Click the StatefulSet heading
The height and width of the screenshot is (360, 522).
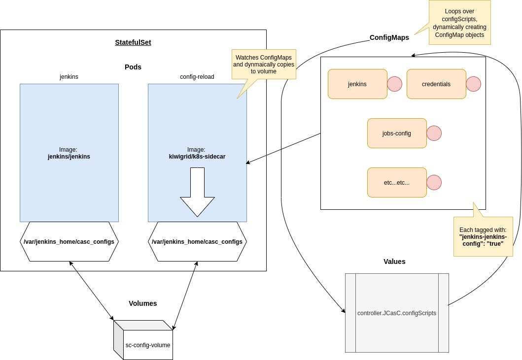(x=133, y=42)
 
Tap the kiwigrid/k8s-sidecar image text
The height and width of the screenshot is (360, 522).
(x=197, y=157)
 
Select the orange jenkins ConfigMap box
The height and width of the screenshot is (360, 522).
(x=357, y=84)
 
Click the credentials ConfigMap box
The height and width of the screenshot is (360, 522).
(x=436, y=84)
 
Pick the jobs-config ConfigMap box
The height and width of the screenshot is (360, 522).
(x=397, y=133)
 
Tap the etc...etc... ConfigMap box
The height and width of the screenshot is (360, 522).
(x=397, y=182)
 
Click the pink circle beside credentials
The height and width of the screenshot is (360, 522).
(x=473, y=84)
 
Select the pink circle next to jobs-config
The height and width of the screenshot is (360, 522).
(x=434, y=133)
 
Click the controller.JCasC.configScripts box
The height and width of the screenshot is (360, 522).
(x=397, y=313)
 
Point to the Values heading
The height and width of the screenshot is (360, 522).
(x=394, y=262)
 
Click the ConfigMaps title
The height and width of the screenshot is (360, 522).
(x=389, y=37)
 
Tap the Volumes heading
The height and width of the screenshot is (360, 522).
(x=143, y=303)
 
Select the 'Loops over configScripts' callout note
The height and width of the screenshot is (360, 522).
(x=459, y=23)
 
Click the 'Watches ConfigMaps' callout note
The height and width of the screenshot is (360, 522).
(x=264, y=64)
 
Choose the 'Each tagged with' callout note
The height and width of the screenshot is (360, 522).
(x=483, y=236)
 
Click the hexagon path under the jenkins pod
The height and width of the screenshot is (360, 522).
(x=69, y=241)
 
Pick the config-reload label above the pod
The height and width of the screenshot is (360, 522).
(x=197, y=76)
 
